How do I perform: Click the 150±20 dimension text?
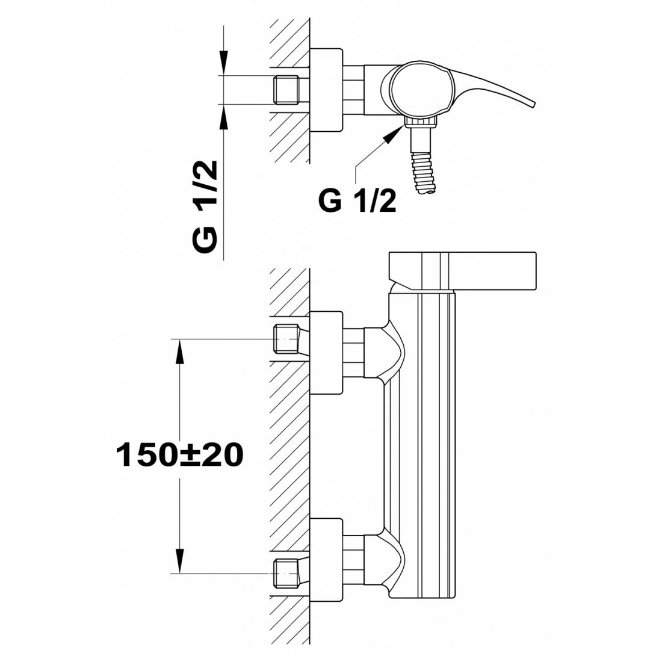(179, 455)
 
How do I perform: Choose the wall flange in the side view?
(326, 91)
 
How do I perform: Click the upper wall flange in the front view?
(326, 353)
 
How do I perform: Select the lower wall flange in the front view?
(326, 558)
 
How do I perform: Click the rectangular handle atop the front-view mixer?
(462, 270)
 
